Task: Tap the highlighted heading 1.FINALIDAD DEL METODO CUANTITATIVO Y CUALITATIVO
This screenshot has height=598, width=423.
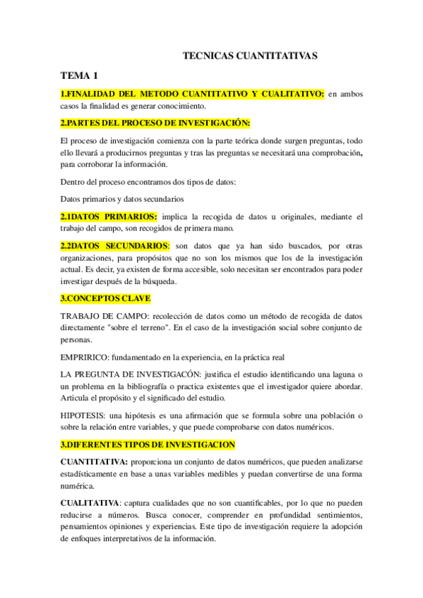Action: tap(192, 94)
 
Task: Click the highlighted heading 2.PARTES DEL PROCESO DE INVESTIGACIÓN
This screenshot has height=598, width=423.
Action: tap(155, 122)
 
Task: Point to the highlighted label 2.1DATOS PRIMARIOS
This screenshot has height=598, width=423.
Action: tap(109, 216)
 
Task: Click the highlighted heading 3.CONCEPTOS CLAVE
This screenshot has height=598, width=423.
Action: tap(105, 298)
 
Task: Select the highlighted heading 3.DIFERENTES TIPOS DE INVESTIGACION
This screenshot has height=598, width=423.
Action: tap(148, 445)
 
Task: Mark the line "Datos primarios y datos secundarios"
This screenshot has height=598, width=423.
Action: tap(122, 199)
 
